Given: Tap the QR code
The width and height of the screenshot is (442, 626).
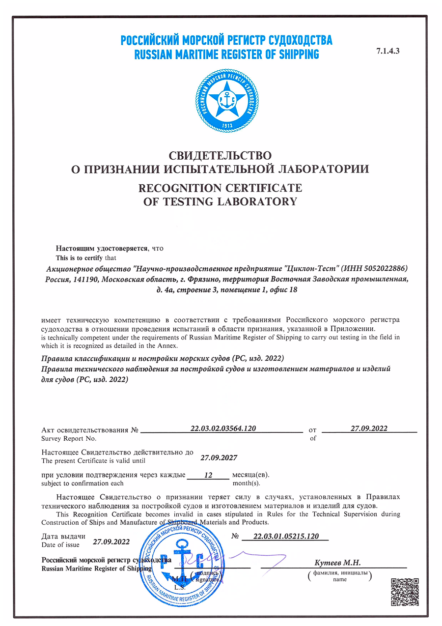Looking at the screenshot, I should click(405, 592).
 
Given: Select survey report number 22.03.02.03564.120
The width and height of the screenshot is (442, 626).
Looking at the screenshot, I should click(223, 428).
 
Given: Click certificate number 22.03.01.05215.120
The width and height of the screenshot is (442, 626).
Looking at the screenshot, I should click(284, 537).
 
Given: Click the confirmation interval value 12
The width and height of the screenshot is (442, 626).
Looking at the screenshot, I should click(207, 476).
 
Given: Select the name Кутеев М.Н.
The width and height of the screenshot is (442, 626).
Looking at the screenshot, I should click(337, 563).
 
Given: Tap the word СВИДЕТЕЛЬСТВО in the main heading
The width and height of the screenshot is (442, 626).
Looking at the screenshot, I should click(221, 156).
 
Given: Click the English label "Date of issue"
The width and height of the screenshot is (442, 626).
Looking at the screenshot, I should click(60, 544).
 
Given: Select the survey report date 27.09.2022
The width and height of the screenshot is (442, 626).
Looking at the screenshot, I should click(369, 428).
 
